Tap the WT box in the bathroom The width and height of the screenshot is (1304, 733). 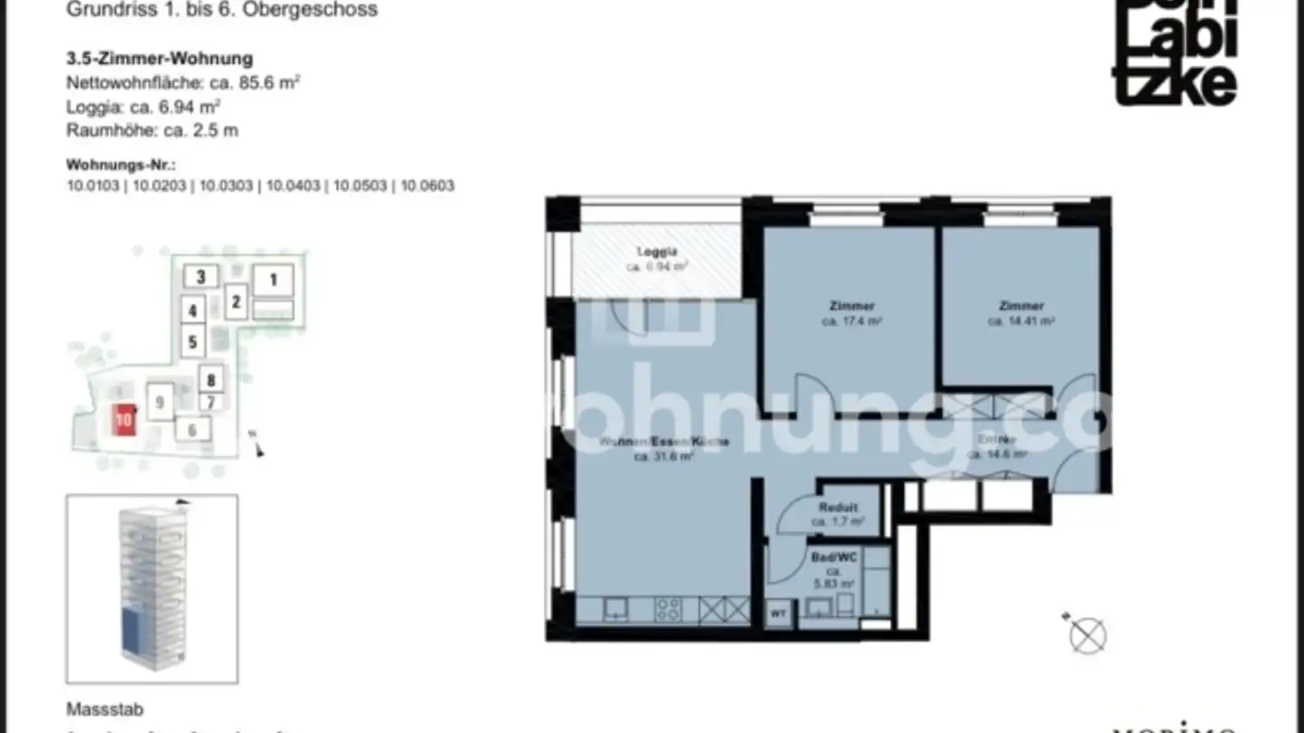pyautogui.click(x=779, y=614)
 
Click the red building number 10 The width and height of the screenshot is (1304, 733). pyautogui.click(x=124, y=420)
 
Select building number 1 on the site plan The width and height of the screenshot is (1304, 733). pyautogui.click(x=273, y=280)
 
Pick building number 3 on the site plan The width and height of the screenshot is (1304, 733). pyautogui.click(x=201, y=277)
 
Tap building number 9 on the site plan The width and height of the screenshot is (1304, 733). pyautogui.click(x=159, y=401)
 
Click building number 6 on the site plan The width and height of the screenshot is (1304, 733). pyautogui.click(x=192, y=429)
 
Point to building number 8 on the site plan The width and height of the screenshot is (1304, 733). pyautogui.click(x=210, y=380)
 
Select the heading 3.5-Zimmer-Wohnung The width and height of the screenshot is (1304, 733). pyautogui.click(x=159, y=59)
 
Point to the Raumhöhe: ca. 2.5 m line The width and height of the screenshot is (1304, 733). pyautogui.click(x=152, y=129)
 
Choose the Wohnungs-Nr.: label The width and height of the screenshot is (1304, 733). pyautogui.click(x=120, y=166)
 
